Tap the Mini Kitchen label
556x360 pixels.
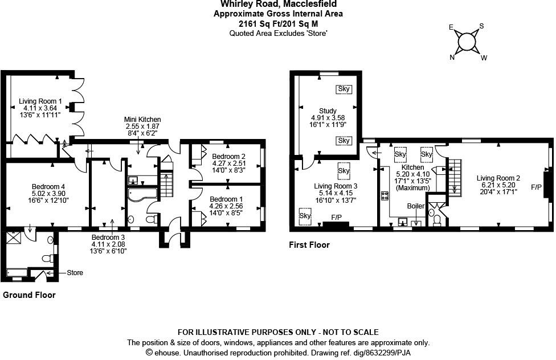click(x=142, y=119)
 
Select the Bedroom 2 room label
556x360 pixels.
click(x=228, y=157)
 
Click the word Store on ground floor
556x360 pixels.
click(x=75, y=273)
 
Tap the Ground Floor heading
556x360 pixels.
click(x=30, y=295)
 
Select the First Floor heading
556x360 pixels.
click(x=309, y=245)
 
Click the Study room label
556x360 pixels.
click(x=328, y=111)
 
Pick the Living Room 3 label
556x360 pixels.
click(x=336, y=186)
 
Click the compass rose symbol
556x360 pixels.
click(x=467, y=42)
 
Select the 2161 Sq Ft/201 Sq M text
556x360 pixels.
click(x=278, y=23)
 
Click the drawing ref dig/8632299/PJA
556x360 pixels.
click(x=376, y=353)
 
